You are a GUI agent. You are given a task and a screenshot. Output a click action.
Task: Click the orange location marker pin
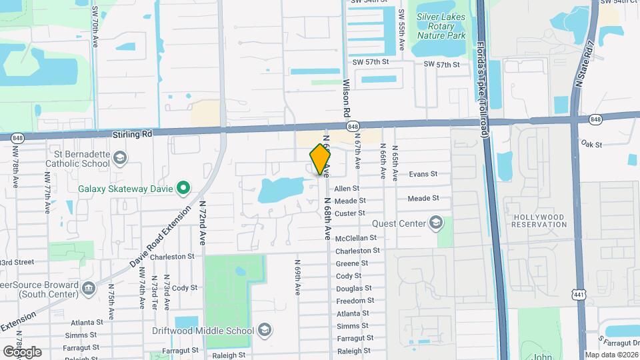pyautogui.click(x=321, y=159)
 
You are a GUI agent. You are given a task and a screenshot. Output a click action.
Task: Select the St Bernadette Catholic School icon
pyautogui.click(x=120, y=158)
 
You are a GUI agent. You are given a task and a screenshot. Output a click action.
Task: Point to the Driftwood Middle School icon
pyautogui.click(x=264, y=331)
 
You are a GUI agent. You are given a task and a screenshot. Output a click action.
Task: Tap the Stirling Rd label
pyautogui.click(x=132, y=134)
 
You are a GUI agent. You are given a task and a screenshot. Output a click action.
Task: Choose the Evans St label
pyautogui.click(x=423, y=173)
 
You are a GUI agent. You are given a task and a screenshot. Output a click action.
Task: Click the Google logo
pyautogui.click(x=22, y=351)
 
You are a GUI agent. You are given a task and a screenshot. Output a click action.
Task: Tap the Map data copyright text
pyautogui.click(x=611, y=355)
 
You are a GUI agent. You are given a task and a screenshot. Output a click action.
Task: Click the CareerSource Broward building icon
pyautogui.click(x=89, y=288)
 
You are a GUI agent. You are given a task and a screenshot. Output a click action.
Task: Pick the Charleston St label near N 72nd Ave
pyautogui.click(x=171, y=257)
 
